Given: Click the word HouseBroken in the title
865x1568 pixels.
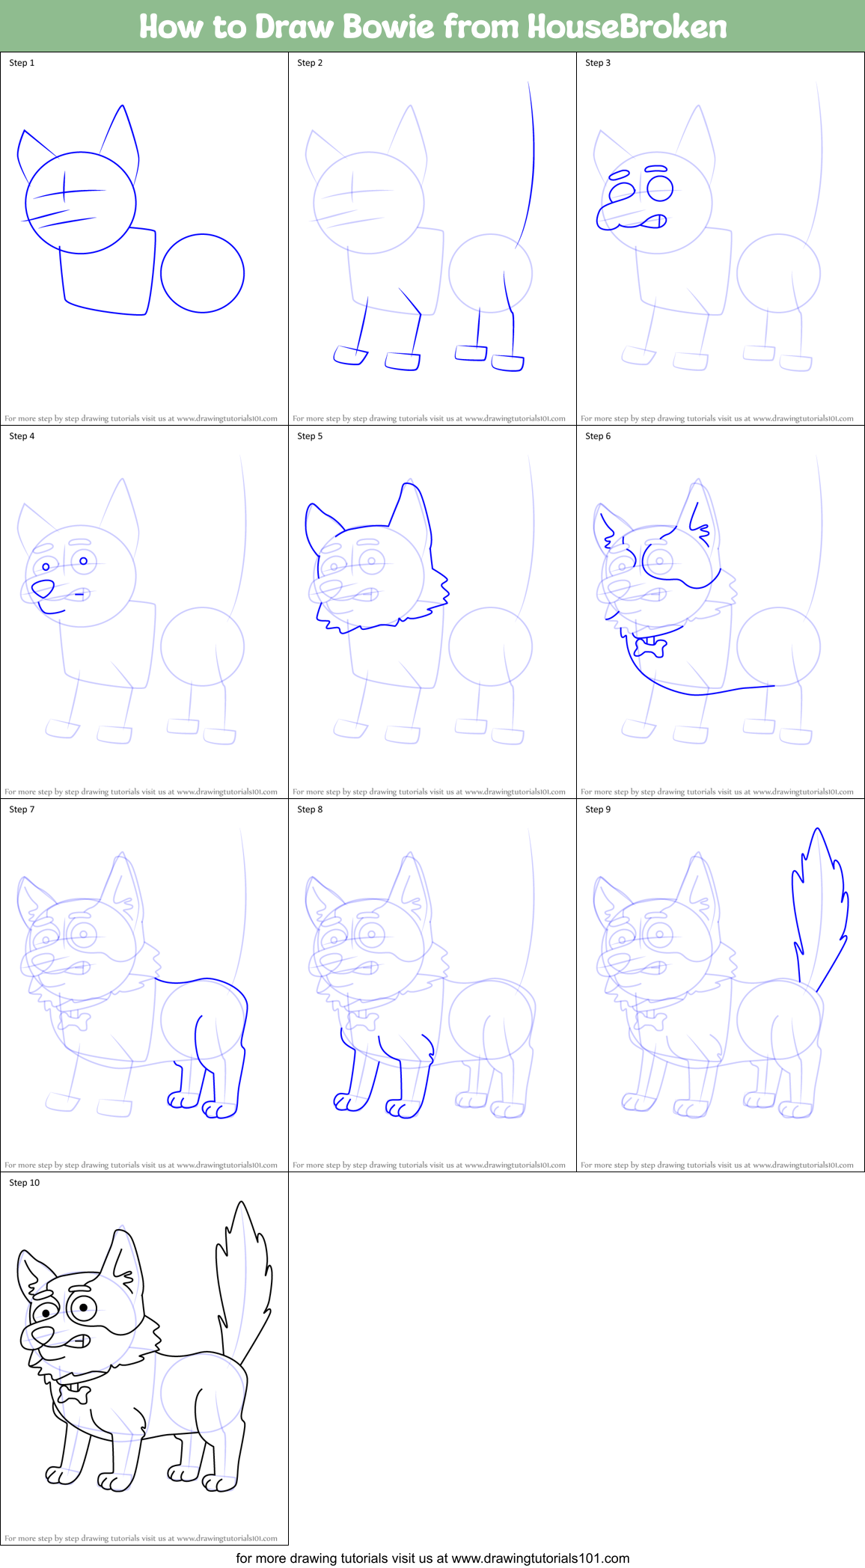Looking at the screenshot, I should click(x=627, y=27).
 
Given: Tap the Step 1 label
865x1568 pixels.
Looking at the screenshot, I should click(x=22, y=63).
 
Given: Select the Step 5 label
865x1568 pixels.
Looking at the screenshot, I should click(x=310, y=436).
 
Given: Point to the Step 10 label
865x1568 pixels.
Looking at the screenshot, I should click(x=24, y=1183).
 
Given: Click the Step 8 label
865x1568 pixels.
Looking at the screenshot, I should click(x=310, y=809).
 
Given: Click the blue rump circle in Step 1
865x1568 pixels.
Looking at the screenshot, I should click(x=202, y=273).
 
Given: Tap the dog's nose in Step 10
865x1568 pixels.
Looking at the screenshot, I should click(x=42, y=1334).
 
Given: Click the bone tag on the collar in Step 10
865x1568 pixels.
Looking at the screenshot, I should click(x=73, y=1395).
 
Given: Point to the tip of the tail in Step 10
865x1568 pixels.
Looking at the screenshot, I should click(x=241, y=1204).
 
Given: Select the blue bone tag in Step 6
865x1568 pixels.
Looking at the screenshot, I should click(x=650, y=646).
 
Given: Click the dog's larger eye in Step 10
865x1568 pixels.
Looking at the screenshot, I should click(x=83, y=1308).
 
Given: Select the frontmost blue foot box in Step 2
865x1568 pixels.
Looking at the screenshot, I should click(x=349, y=355).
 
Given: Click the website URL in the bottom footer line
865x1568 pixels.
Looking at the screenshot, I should click(x=540, y=1558).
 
